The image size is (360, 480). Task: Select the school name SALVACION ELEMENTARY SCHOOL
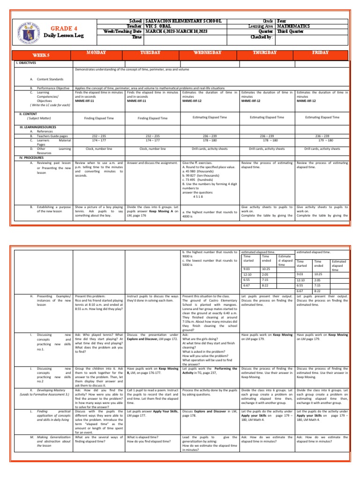tap(179, 21)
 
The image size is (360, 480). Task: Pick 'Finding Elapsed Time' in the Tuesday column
tap(152, 119)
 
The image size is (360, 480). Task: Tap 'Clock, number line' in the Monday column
tap(99, 149)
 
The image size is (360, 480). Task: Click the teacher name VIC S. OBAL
tap(161, 26)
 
